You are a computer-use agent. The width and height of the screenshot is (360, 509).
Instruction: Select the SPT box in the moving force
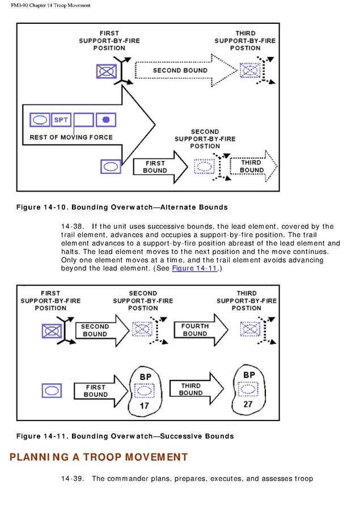tap(61, 120)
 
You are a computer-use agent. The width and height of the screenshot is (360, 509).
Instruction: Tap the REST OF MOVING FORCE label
tap(71, 137)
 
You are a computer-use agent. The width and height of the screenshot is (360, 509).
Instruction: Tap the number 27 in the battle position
tap(248, 405)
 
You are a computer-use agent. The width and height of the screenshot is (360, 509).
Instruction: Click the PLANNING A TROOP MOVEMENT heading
tap(99, 457)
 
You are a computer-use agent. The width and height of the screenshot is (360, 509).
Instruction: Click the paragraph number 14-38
tap(73, 227)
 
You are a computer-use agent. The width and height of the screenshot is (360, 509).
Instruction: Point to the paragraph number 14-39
tap(73, 479)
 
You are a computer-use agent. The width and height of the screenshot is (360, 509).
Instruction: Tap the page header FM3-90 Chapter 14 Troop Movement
tap(50, 5)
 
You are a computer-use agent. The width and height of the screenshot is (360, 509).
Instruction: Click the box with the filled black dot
tap(106, 120)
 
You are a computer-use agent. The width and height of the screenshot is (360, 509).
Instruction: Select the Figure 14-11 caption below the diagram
tap(125, 436)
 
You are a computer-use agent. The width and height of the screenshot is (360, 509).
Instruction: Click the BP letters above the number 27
tap(249, 375)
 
